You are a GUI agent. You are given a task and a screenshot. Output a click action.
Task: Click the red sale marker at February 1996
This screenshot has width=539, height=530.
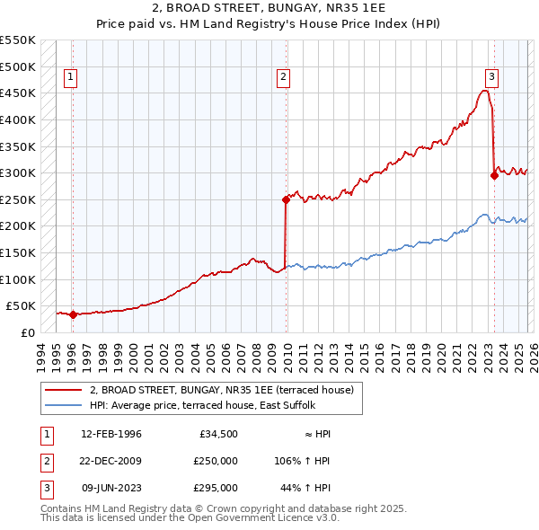(73, 314)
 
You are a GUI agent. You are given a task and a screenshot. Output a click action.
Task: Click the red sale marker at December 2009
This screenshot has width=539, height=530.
(286, 199)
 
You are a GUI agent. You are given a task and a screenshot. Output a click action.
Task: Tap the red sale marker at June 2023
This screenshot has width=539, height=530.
(494, 176)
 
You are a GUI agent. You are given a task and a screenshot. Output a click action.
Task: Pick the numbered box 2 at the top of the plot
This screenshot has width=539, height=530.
(284, 78)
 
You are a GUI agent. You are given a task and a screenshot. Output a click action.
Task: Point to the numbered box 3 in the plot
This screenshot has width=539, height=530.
(492, 78)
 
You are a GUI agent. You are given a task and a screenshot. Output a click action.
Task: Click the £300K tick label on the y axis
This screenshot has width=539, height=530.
(18, 172)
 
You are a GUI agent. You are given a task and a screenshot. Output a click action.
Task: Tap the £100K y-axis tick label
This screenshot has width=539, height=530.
(18, 279)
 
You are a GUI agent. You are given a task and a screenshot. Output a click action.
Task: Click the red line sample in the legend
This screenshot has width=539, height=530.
(64, 390)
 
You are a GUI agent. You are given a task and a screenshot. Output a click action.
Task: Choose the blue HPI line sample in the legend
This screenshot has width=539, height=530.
(64, 405)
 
